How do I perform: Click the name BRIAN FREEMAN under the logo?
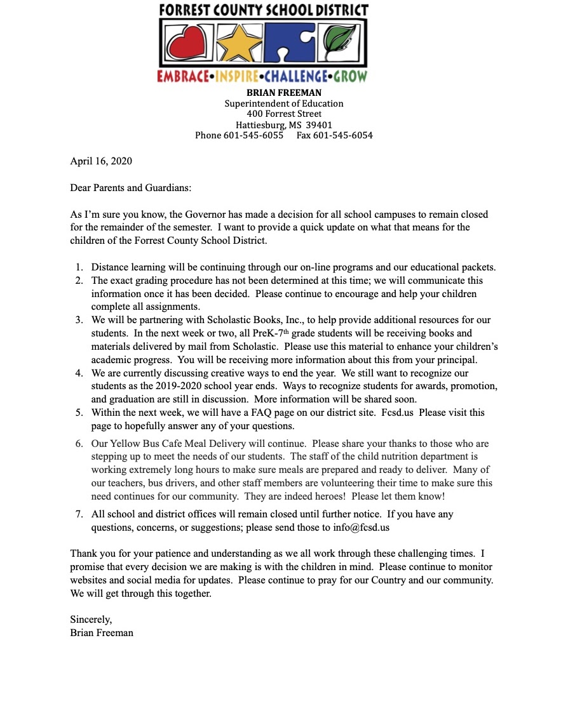click(x=284, y=93)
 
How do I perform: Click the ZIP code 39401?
click(x=320, y=124)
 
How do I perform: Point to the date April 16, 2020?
click(x=101, y=161)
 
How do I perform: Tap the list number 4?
click(x=79, y=373)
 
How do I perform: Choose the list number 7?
click(x=79, y=514)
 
